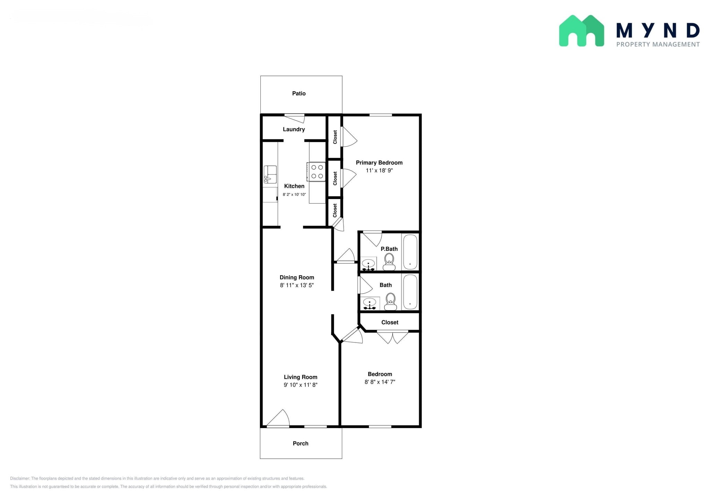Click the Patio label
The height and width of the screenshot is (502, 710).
point(299,93)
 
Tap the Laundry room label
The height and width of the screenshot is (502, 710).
point(294,129)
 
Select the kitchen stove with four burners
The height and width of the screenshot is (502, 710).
point(316,172)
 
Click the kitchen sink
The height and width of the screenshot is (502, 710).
point(270,174)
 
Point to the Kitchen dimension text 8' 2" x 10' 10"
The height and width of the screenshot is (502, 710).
point(294,194)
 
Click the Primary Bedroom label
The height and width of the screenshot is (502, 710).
point(379,163)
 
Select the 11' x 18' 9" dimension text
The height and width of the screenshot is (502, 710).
point(379,171)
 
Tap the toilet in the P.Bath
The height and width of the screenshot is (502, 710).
point(389,262)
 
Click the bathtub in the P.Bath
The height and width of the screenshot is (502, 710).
point(410,251)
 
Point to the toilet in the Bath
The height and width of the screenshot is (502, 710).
point(391,302)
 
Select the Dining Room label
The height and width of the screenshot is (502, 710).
point(297,277)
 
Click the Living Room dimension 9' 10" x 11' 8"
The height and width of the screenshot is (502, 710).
point(301,385)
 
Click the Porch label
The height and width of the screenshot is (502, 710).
point(301,443)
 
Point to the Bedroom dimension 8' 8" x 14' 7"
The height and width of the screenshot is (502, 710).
point(380,382)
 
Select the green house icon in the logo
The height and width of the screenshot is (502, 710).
point(581,31)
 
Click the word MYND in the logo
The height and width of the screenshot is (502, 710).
point(658,31)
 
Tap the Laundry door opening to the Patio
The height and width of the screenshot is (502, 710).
point(295,118)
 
